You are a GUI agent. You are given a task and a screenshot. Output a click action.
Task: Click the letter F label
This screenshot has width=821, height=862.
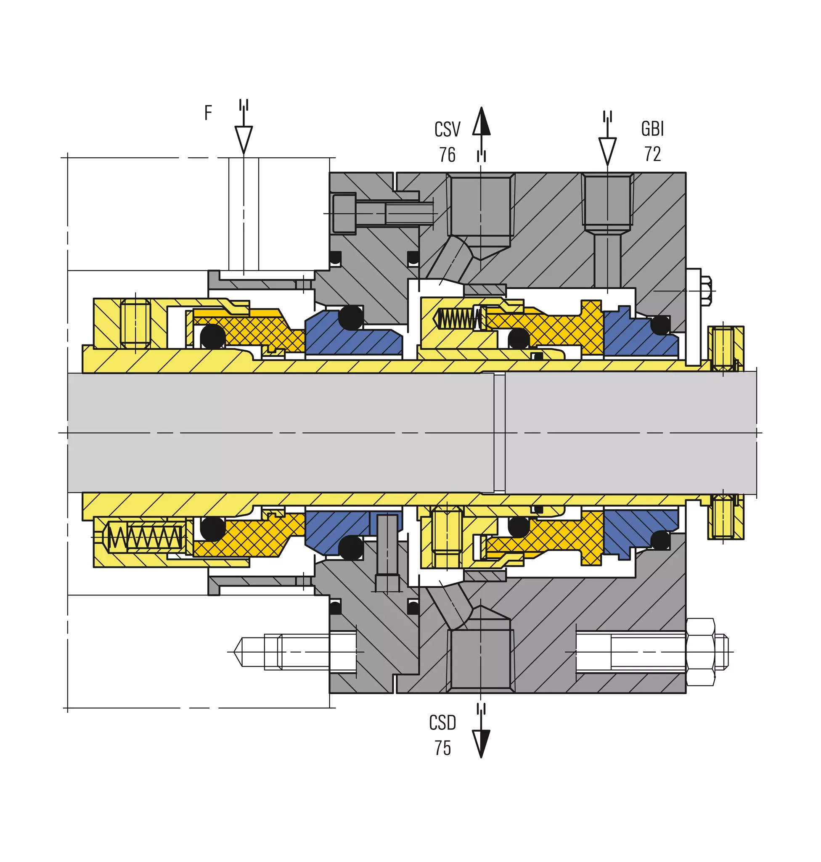pos(208,112)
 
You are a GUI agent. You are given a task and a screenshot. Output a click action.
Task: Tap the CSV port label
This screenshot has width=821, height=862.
pos(447,130)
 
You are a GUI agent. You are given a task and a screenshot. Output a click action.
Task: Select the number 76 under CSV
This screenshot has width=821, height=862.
pos(447,155)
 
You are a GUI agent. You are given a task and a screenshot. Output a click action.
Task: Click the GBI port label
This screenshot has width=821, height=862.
pos(652,129)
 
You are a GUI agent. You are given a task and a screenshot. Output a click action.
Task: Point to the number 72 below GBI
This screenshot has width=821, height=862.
pos(652,154)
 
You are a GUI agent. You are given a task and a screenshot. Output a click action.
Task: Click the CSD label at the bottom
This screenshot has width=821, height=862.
pos(442,723)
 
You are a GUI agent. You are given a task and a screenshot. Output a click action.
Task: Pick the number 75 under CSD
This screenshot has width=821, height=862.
pos(442,748)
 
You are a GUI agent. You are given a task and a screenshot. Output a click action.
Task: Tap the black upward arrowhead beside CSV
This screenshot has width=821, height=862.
pos(482,121)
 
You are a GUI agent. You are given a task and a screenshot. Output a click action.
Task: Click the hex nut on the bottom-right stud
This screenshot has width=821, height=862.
pos(700,652)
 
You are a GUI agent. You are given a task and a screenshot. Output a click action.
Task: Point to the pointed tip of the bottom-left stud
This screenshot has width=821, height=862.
pos(235,652)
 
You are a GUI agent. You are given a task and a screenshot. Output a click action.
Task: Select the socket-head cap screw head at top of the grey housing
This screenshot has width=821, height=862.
pos(344,213)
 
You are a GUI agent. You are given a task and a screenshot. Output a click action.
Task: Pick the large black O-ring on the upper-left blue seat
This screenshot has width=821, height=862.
pos(351,317)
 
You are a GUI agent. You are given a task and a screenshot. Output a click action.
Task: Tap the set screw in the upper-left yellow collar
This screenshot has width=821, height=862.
pos(136,324)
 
